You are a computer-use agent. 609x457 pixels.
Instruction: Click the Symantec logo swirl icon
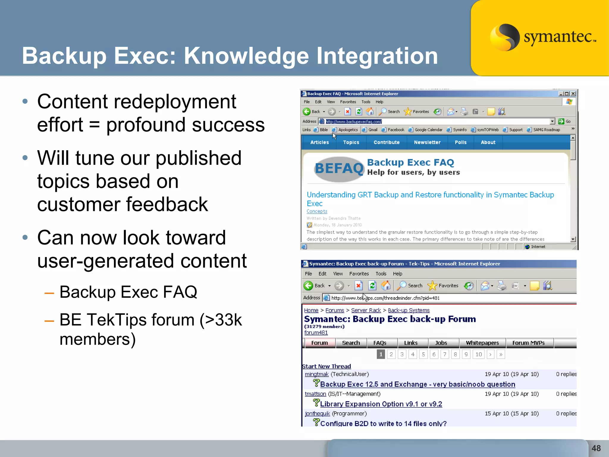[504, 37]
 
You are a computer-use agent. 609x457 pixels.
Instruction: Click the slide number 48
[596, 448]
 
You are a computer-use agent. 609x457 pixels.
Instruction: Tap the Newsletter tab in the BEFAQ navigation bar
[427, 143]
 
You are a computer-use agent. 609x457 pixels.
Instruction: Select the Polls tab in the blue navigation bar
[460, 143]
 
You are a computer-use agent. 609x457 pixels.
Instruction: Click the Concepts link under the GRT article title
[317, 211]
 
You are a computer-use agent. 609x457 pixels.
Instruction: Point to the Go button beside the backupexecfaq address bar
[564, 121]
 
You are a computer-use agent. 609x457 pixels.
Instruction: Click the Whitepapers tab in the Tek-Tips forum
[482, 343]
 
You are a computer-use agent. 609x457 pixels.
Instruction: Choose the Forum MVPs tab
[528, 343]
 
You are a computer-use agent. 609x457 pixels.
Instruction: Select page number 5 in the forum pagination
[423, 354]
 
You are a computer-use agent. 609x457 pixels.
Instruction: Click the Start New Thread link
[327, 366]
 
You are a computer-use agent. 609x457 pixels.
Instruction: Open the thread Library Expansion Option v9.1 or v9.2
[381, 404]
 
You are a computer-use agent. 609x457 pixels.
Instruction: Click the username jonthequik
[317, 414]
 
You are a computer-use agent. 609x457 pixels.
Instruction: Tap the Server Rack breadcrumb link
[366, 310]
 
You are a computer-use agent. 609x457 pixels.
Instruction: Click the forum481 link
[316, 333]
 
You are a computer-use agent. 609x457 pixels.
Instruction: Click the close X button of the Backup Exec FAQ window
[573, 94]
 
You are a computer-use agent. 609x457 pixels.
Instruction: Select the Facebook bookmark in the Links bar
[396, 130]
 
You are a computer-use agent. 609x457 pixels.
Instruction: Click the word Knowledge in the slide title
[247, 56]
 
